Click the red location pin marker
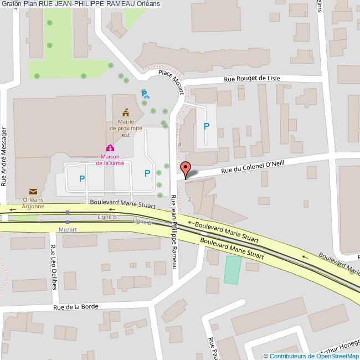186,168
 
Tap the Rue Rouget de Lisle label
253,79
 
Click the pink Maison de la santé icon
110,148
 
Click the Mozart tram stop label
68,229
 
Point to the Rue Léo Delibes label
54,265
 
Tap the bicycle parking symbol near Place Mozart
145,95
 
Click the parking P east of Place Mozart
207,126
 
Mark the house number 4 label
180,144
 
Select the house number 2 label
189,199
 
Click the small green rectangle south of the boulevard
233,270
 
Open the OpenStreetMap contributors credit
311,356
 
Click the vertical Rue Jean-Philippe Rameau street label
174,232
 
